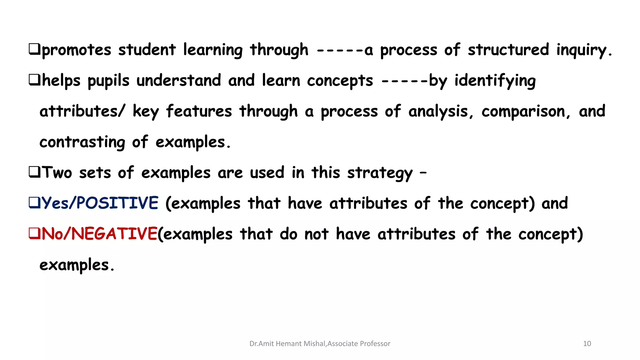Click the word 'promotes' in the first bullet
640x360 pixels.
tap(77, 50)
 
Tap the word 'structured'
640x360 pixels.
tap(508, 50)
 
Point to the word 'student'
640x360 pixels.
tap(147, 50)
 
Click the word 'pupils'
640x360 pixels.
tap(108, 81)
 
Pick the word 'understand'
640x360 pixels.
tap(179, 81)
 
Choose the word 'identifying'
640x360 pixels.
tap(495, 81)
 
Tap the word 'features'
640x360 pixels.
tap(199, 111)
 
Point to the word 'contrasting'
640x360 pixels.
tap(82, 142)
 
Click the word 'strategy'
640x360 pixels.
tap(380, 173)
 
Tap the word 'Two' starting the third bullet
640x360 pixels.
tap(57, 172)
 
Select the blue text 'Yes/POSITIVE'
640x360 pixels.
tap(100, 203)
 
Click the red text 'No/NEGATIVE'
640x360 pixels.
tap(99, 234)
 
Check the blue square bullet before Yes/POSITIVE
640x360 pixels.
tap(34, 202)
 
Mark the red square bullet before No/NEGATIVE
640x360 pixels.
tap(34, 233)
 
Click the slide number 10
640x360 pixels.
tap(587, 343)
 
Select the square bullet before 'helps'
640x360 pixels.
tap(34, 80)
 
